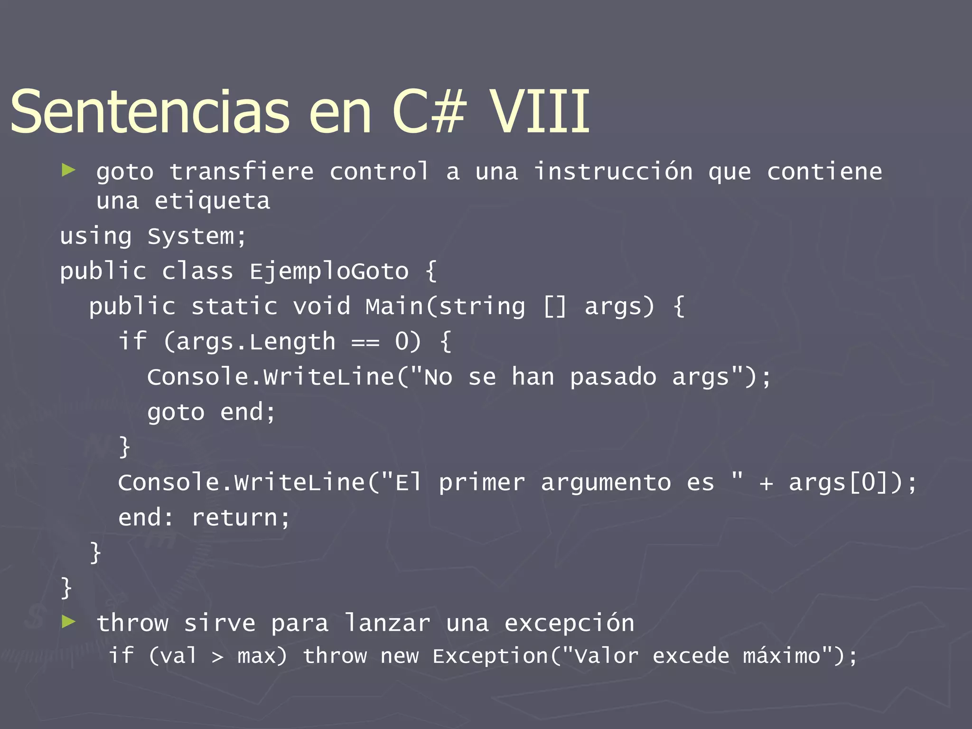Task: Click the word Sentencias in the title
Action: pyautogui.click(x=150, y=112)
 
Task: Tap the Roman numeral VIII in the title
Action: pyautogui.click(x=540, y=112)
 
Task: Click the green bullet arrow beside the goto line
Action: pyautogui.click(x=68, y=170)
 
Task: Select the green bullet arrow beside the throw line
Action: pyautogui.click(x=68, y=621)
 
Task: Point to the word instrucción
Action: pyautogui.click(x=613, y=171)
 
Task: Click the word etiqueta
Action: pyautogui.click(x=212, y=201)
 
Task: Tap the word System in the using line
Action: pyautogui.click(x=190, y=236)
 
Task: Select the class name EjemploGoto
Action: pyautogui.click(x=329, y=271)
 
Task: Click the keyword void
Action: pyautogui.click(x=321, y=307)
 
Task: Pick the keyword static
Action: pyautogui.click(x=234, y=307)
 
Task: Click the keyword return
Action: pyautogui.click(x=234, y=517)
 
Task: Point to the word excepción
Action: pyautogui.click(x=569, y=623)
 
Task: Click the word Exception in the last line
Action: pyautogui.click(x=490, y=656)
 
